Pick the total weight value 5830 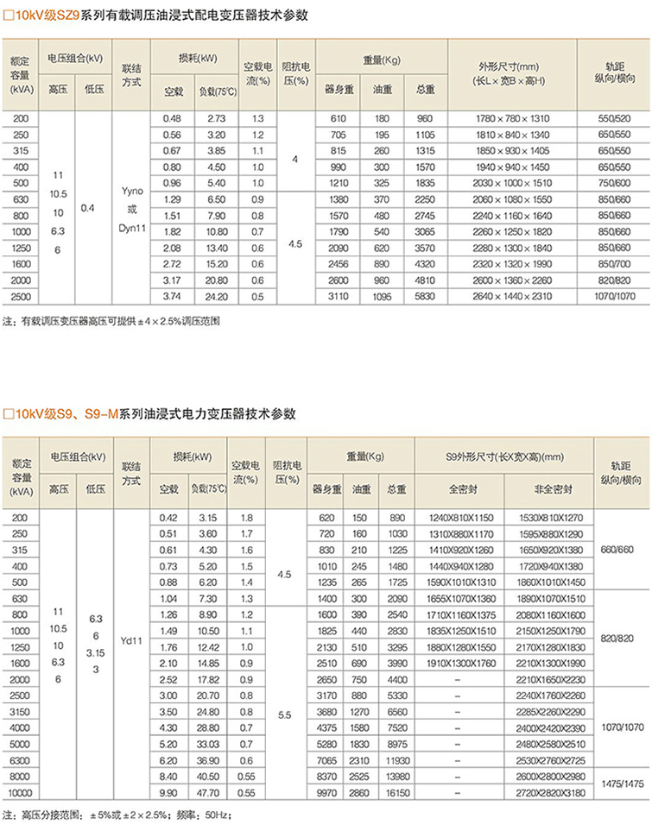point(424,296)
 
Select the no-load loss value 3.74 point(173,296)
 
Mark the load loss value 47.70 point(207,790)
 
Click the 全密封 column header point(458,488)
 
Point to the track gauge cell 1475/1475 point(622,783)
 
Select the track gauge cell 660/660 point(622,550)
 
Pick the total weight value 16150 point(396,790)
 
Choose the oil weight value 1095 point(383,296)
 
